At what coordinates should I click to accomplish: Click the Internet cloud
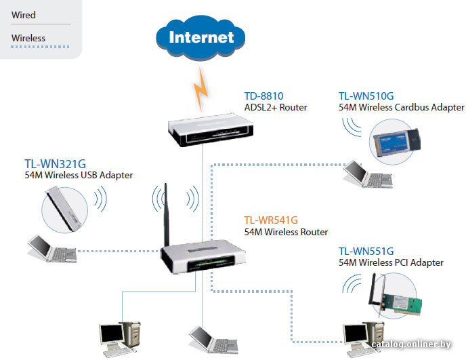tap(200, 37)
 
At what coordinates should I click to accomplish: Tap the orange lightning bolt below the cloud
tap(200, 89)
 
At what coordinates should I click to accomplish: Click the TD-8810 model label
tap(263, 96)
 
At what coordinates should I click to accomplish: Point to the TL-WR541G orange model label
tap(271, 220)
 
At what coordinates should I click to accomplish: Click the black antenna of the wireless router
tap(167, 214)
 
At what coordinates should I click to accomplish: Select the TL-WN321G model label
tap(56, 164)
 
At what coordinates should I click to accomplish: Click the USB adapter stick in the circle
tap(64, 209)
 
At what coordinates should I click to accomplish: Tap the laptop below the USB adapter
tap(52, 249)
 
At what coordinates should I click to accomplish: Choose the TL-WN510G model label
tap(366, 96)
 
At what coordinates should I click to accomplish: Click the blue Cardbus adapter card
tap(396, 143)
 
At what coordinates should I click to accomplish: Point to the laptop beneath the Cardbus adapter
tap(368, 174)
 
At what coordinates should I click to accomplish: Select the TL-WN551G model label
tap(366, 252)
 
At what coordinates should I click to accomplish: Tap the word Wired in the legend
tap(24, 15)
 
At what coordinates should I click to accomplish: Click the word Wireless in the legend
tap(28, 38)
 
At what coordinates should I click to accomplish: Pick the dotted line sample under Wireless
tap(40, 47)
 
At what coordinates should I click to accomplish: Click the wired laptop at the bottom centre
tap(213, 340)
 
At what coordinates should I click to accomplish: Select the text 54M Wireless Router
tap(286, 232)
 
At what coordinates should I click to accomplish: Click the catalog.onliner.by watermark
tap(411, 344)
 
